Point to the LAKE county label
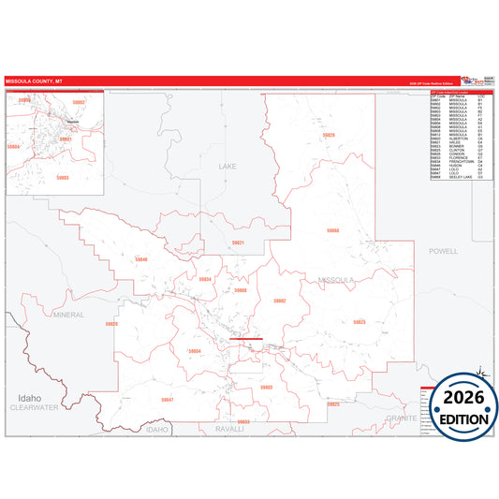pyautogui.click(x=228, y=166)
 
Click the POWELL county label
pyautogui.click(x=443, y=251)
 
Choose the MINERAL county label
pyautogui.click(x=68, y=315)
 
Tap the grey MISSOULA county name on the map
pyautogui.click(x=336, y=280)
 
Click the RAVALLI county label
pyautogui.click(x=229, y=428)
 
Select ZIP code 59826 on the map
pyautogui.click(x=329, y=135)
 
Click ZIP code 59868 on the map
pyautogui.click(x=332, y=229)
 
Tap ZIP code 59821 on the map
pyautogui.click(x=238, y=242)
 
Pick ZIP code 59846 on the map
pyautogui.click(x=141, y=259)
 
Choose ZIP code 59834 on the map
pyautogui.click(x=205, y=279)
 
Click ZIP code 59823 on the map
pyautogui.click(x=359, y=321)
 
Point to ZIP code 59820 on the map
pyautogui.click(x=111, y=324)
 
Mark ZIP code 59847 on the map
pyautogui.click(x=168, y=400)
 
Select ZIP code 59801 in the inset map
pyautogui.click(x=66, y=139)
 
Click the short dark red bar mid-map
pyautogui.click(x=246, y=339)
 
